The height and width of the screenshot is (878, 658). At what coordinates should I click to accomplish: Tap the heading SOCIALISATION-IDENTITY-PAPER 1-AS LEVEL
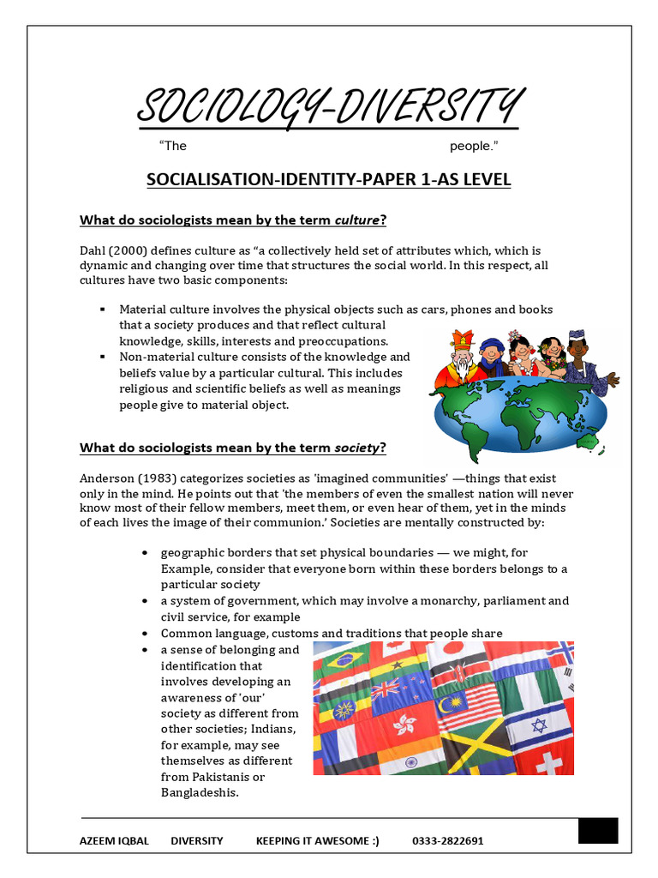pos(329,179)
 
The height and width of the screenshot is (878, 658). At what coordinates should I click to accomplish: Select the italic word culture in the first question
pos(356,220)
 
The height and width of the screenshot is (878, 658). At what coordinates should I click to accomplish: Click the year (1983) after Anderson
pos(158,478)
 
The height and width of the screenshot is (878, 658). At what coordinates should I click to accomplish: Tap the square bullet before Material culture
pos(102,310)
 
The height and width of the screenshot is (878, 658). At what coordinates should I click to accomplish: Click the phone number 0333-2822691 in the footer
pos(447,841)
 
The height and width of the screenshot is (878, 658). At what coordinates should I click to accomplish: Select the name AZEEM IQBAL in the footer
pos(114,841)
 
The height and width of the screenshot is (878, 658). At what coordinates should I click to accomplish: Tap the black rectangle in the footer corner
pos(597,831)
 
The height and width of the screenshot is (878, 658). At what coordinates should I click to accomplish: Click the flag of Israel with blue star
pos(539,727)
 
